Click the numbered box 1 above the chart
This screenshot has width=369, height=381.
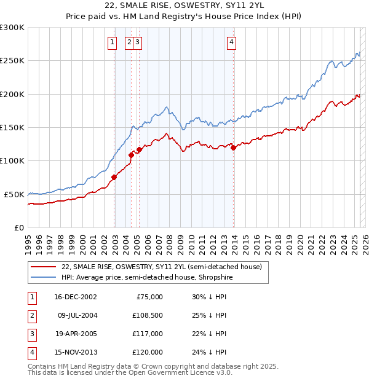coord(113,42)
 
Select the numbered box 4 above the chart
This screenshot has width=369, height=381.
coord(231,42)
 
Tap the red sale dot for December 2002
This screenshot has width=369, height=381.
coord(114,178)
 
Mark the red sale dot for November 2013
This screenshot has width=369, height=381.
coord(233,147)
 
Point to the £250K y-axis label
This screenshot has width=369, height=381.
coord(12,61)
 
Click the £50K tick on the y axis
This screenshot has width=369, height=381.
coord(15,194)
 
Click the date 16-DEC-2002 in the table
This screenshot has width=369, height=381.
coord(76,297)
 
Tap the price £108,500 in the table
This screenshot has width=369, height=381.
coord(148,315)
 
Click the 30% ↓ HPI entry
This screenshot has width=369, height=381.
coord(209,297)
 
